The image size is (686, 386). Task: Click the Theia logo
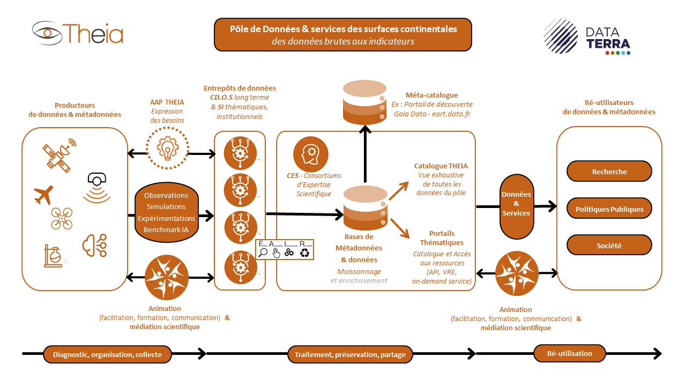coord(78,33)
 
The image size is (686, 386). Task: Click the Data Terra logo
coord(587,37)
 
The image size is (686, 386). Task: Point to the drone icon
coord(62,219)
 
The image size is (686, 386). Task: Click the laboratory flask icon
coord(52,256)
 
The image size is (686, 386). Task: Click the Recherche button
coord(609,172)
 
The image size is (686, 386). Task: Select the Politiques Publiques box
coord(609,209)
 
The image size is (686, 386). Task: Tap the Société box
coord(609,246)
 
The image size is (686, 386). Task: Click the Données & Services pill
coord(516,204)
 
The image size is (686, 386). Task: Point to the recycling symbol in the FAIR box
coord(305,252)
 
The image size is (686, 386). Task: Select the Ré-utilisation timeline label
coord(569,354)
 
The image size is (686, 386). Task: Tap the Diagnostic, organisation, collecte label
coord(108,354)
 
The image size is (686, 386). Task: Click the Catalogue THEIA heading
coord(441,166)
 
